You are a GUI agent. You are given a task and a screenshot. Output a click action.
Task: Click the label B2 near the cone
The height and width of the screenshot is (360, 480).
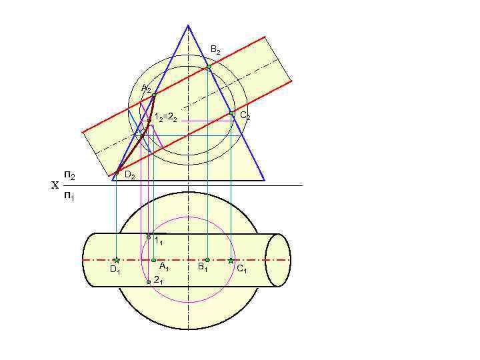pyautogui.click(x=215, y=50)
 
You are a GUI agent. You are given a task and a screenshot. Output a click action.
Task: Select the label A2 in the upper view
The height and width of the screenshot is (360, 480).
pyautogui.click(x=146, y=89)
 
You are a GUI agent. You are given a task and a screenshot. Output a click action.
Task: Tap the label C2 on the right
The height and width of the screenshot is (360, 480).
pyautogui.click(x=245, y=116)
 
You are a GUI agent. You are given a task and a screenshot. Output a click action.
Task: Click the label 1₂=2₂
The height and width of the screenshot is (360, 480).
pyautogui.click(x=165, y=118)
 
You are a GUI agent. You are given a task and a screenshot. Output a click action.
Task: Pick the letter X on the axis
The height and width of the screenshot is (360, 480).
pyautogui.click(x=55, y=186)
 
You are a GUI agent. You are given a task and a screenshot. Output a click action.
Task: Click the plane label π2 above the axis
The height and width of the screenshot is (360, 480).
pyautogui.click(x=69, y=175)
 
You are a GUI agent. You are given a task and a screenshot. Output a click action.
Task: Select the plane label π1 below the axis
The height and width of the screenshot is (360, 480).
pyautogui.click(x=69, y=196)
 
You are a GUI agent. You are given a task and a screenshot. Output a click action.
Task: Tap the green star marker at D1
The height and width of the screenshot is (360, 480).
pyautogui.click(x=116, y=260)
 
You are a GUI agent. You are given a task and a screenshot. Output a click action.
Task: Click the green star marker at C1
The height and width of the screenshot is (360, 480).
pyautogui.click(x=231, y=260)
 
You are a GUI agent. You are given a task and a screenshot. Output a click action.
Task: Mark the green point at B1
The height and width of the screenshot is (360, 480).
pyautogui.click(x=207, y=260)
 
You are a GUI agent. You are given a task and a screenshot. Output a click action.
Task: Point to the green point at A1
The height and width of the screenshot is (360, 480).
pyautogui.click(x=153, y=260)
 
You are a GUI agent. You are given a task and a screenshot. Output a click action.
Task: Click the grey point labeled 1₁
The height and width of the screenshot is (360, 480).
pyautogui.click(x=149, y=237)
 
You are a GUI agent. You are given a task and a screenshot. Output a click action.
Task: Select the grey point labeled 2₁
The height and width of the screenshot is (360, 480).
pyautogui.click(x=149, y=282)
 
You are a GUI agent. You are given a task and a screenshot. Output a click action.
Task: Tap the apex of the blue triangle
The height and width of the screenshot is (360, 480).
pyautogui.click(x=188, y=25)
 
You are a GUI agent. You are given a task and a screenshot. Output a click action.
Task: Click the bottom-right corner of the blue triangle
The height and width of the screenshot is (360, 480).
pyautogui.click(x=265, y=181)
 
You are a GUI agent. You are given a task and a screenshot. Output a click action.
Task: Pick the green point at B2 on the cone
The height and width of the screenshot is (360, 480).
pyautogui.click(x=209, y=67)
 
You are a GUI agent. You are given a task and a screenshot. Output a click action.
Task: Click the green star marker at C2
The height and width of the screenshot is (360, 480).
pyautogui.click(x=231, y=113)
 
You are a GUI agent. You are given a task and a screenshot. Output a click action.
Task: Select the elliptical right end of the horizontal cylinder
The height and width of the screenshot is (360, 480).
pyautogui.click(x=278, y=260)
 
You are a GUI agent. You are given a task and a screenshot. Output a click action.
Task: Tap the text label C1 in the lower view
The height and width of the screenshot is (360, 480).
pyautogui.click(x=241, y=269)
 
